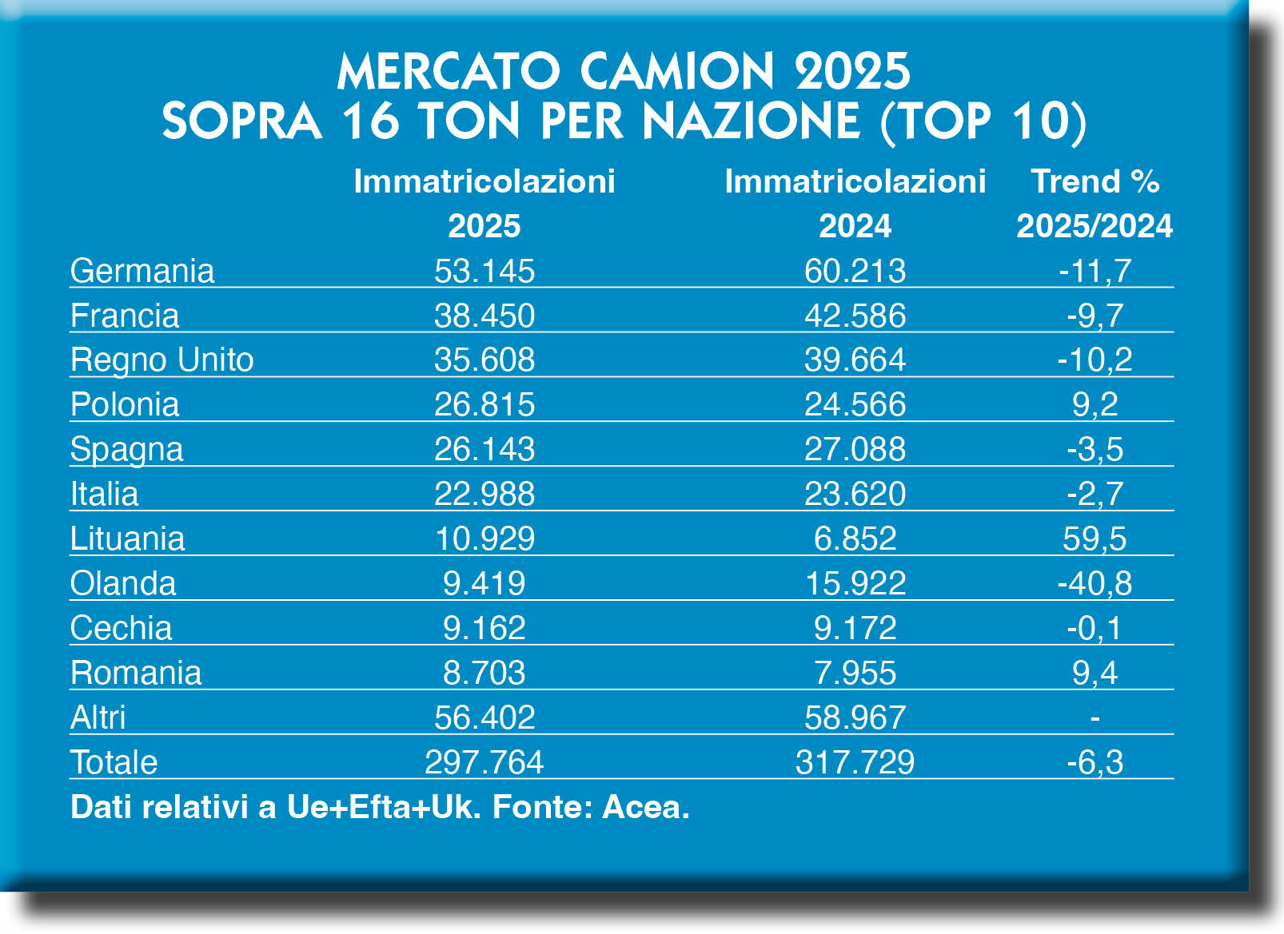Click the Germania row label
(142, 271)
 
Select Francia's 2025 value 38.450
(484, 316)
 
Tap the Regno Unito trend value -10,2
(1095, 360)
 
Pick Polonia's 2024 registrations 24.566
(855, 404)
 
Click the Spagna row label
(126, 449)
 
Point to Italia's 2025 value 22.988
(484, 494)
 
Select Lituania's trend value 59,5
(1095, 539)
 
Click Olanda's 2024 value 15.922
(855, 583)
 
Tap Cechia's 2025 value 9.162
(484, 628)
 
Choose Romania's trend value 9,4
(1095, 673)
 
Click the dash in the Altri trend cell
(1095, 717)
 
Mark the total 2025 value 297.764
(484, 762)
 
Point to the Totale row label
(114, 762)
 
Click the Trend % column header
(1095, 182)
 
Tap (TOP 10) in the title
(983, 121)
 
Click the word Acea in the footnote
(644, 807)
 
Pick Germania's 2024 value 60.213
(855, 271)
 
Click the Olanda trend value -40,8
(1095, 583)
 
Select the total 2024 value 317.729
(855, 762)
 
